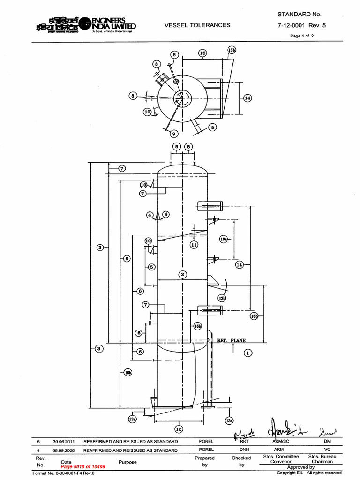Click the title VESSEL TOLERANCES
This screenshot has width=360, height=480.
click(x=197, y=25)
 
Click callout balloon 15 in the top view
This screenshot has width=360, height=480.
click(x=202, y=53)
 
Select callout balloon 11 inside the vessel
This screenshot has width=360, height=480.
click(x=194, y=245)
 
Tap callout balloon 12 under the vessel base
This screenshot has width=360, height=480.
click(x=179, y=428)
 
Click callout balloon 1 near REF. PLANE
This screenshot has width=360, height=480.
click(x=248, y=353)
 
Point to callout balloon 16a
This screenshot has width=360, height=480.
click(x=224, y=239)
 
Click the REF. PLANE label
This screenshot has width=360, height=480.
click(x=231, y=341)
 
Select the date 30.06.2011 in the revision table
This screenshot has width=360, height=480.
click(x=61, y=442)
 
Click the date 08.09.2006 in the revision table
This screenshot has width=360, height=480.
click(x=61, y=450)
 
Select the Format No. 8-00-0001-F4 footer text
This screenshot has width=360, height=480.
click(x=63, y=473)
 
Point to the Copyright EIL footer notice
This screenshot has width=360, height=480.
click(x=316, y=473)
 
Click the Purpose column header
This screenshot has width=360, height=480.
click(x=128, y=462)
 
